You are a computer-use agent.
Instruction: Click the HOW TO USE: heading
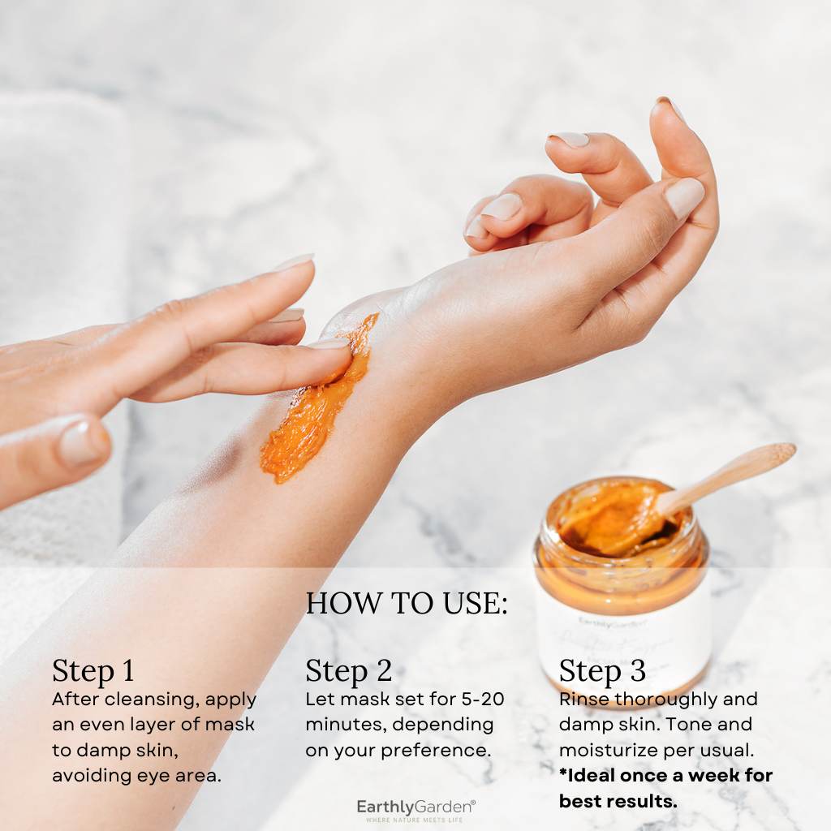407,605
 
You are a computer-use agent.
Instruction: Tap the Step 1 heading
93,671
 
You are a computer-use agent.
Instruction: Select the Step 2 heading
348,671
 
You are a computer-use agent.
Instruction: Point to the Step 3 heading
602,671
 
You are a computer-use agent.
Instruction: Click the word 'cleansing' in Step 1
142,700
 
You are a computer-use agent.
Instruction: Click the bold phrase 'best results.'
617,802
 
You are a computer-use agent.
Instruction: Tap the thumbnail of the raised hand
683,197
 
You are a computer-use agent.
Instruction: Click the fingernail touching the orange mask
329,344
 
